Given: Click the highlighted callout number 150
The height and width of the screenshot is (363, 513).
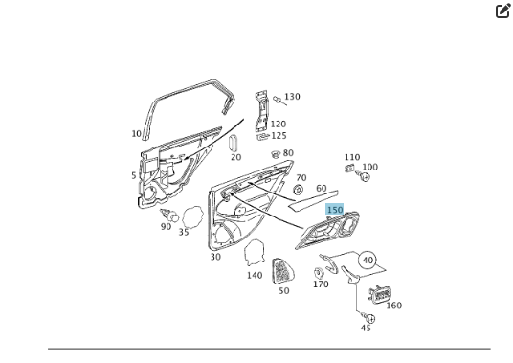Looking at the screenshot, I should click(x=334, y=209).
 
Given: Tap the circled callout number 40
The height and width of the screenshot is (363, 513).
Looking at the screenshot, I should click(x=367, y=260).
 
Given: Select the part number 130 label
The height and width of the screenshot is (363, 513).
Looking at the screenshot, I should click(x=292, y=97).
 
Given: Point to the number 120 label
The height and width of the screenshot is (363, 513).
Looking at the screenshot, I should click(x=278, y=124).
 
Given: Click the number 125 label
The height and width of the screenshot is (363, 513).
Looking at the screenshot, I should click(x=278, y=136).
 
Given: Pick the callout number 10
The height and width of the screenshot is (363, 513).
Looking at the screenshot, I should click(x=136, y=134).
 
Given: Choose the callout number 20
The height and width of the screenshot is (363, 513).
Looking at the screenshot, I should click(x=235, y=157).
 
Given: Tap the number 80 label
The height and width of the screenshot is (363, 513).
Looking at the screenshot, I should click(x=288, y=153).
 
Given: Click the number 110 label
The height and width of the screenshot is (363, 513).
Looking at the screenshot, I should click(x=352, y=157).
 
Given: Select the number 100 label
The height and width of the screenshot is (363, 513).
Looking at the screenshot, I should click(x=369, y=167).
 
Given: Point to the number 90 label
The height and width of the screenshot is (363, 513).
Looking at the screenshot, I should click(x=166, y=226).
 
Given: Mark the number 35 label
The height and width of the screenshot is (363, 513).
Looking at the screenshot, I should click(x=183, y=232).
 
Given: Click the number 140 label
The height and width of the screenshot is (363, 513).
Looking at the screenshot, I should click(x=254, y=275).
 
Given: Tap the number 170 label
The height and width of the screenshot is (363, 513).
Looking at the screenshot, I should click(x=321, y=284).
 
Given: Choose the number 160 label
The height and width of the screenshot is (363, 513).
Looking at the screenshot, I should click(x=393, y=306).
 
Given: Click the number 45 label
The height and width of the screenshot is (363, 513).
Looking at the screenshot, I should click(x=366, y=328).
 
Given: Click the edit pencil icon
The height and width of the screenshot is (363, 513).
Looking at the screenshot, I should click(x=503, y=11).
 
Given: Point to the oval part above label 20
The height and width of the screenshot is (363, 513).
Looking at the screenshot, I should click(x=233, y=142).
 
